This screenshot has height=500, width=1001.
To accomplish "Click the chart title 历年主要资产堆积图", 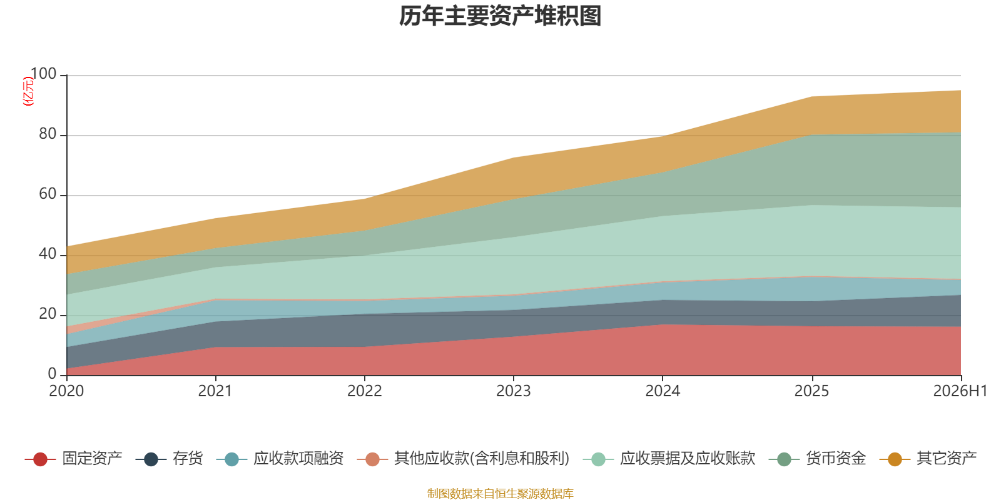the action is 500,16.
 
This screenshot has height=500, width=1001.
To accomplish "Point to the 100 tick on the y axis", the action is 43,74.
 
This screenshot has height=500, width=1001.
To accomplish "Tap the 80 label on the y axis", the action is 48,134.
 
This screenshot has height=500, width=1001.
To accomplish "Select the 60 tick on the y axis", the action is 48,194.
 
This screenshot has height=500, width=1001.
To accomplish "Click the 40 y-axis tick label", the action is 48,254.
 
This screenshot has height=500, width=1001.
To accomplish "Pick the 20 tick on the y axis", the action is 48,314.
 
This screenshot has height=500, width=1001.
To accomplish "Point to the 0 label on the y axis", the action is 52,374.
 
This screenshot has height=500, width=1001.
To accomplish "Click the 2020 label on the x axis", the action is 66,391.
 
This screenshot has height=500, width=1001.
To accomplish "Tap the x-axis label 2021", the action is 215,391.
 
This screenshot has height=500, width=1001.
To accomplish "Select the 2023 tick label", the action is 514,391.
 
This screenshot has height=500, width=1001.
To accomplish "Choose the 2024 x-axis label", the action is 663,391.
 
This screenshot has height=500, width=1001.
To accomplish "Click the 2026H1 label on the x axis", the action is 960,391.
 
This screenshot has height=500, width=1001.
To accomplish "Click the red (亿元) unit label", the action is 28,91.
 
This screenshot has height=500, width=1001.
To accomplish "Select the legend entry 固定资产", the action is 73,459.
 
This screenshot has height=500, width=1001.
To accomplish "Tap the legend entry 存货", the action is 170,459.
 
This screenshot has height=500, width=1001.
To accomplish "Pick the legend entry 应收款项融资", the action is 280,459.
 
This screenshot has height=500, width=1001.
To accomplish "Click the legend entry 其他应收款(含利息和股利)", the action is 464,459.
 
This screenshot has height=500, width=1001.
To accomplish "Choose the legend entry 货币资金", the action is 817,459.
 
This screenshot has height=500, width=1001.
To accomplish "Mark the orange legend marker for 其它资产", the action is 895,459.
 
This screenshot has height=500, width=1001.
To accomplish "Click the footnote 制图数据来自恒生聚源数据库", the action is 500,493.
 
